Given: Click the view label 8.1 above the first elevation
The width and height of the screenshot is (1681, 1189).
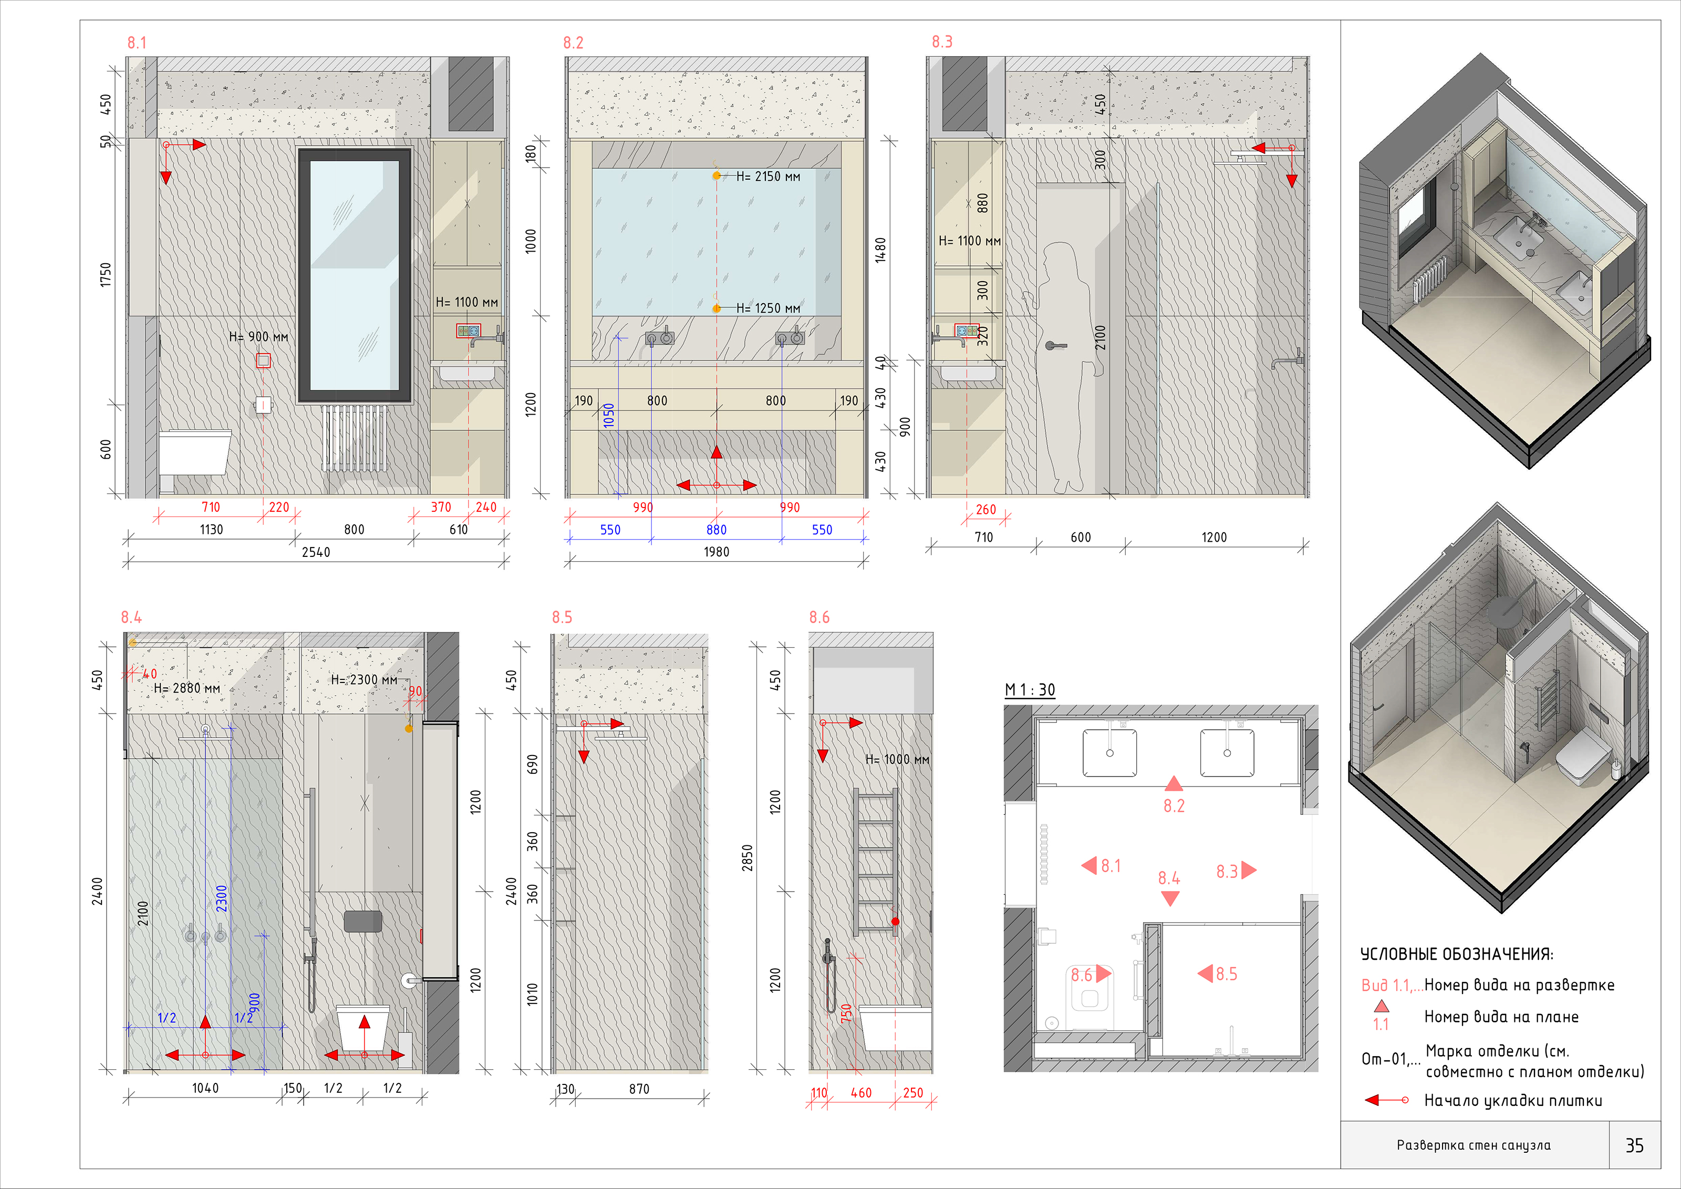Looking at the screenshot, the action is coord(137,43).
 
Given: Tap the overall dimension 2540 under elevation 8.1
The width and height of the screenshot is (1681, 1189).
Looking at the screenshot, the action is coord(316,552).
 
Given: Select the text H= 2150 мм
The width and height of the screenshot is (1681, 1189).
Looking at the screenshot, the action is coord(768,177).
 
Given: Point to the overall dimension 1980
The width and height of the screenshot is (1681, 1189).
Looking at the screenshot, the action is coord(717,552).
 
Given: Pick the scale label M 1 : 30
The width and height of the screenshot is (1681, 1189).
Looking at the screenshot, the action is coord(1030,690).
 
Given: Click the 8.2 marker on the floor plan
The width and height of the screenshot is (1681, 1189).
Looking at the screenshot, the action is coord(1174,795).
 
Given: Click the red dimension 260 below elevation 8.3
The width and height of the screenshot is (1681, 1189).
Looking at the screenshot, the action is coord(986,510).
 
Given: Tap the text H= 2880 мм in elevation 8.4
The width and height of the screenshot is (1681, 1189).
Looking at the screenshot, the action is coord(186,688).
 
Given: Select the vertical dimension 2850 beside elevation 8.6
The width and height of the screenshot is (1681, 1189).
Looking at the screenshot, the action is coord(747,858).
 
